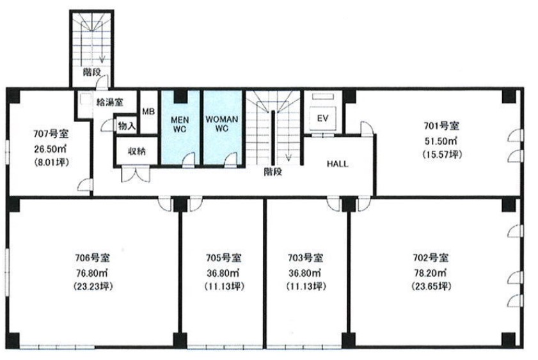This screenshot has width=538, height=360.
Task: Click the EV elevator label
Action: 322,118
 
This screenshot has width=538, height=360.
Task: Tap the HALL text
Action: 337,164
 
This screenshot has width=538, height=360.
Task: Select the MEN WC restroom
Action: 180,127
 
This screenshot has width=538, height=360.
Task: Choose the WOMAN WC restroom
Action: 222,127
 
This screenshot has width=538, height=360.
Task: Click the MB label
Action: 148,111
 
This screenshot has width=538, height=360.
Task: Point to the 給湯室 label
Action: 110,102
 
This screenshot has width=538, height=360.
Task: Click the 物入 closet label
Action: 127,126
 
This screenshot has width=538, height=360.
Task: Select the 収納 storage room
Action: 137,151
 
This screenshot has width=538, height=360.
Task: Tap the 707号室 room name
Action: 51,134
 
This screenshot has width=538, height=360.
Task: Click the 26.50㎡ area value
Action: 50,148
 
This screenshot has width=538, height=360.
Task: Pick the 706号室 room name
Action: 92,257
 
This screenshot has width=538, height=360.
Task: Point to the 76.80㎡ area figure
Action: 91,272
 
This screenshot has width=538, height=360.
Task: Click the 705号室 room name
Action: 224,258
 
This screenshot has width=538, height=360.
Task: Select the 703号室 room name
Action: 305,258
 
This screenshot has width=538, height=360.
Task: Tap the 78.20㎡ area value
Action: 430,272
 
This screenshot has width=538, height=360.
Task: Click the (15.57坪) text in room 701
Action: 442,155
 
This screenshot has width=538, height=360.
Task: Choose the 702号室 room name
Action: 431,257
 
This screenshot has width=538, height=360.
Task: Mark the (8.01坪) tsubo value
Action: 52,162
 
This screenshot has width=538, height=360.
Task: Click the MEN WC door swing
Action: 188,160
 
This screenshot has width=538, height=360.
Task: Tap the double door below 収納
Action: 136,174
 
